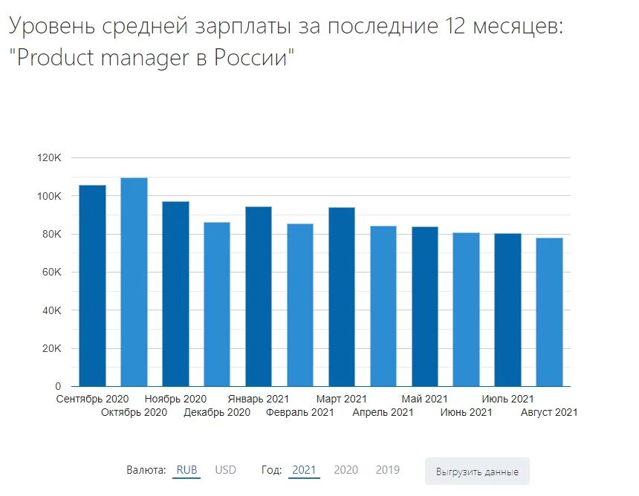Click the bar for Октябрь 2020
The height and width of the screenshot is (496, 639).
134,282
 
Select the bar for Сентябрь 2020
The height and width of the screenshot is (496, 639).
92,286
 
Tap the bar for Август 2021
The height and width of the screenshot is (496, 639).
549,312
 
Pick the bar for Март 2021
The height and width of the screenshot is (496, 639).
342,297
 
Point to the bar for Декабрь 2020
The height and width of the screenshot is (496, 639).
217,304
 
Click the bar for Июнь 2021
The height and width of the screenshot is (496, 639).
466,310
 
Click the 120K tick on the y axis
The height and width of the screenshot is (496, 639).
48,158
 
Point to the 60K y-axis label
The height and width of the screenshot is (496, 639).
50,273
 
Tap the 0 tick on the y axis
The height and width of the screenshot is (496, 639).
57,387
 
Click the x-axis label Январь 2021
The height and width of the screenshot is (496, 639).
259,399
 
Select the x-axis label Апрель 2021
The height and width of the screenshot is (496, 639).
383,412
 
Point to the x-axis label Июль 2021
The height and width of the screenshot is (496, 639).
507,399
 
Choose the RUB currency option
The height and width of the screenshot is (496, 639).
186,470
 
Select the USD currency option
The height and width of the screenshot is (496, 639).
225,470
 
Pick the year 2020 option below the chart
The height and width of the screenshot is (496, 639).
346,470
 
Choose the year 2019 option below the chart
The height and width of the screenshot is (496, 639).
387,470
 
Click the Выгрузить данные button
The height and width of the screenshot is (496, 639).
477,472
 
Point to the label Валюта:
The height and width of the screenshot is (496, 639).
146,470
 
